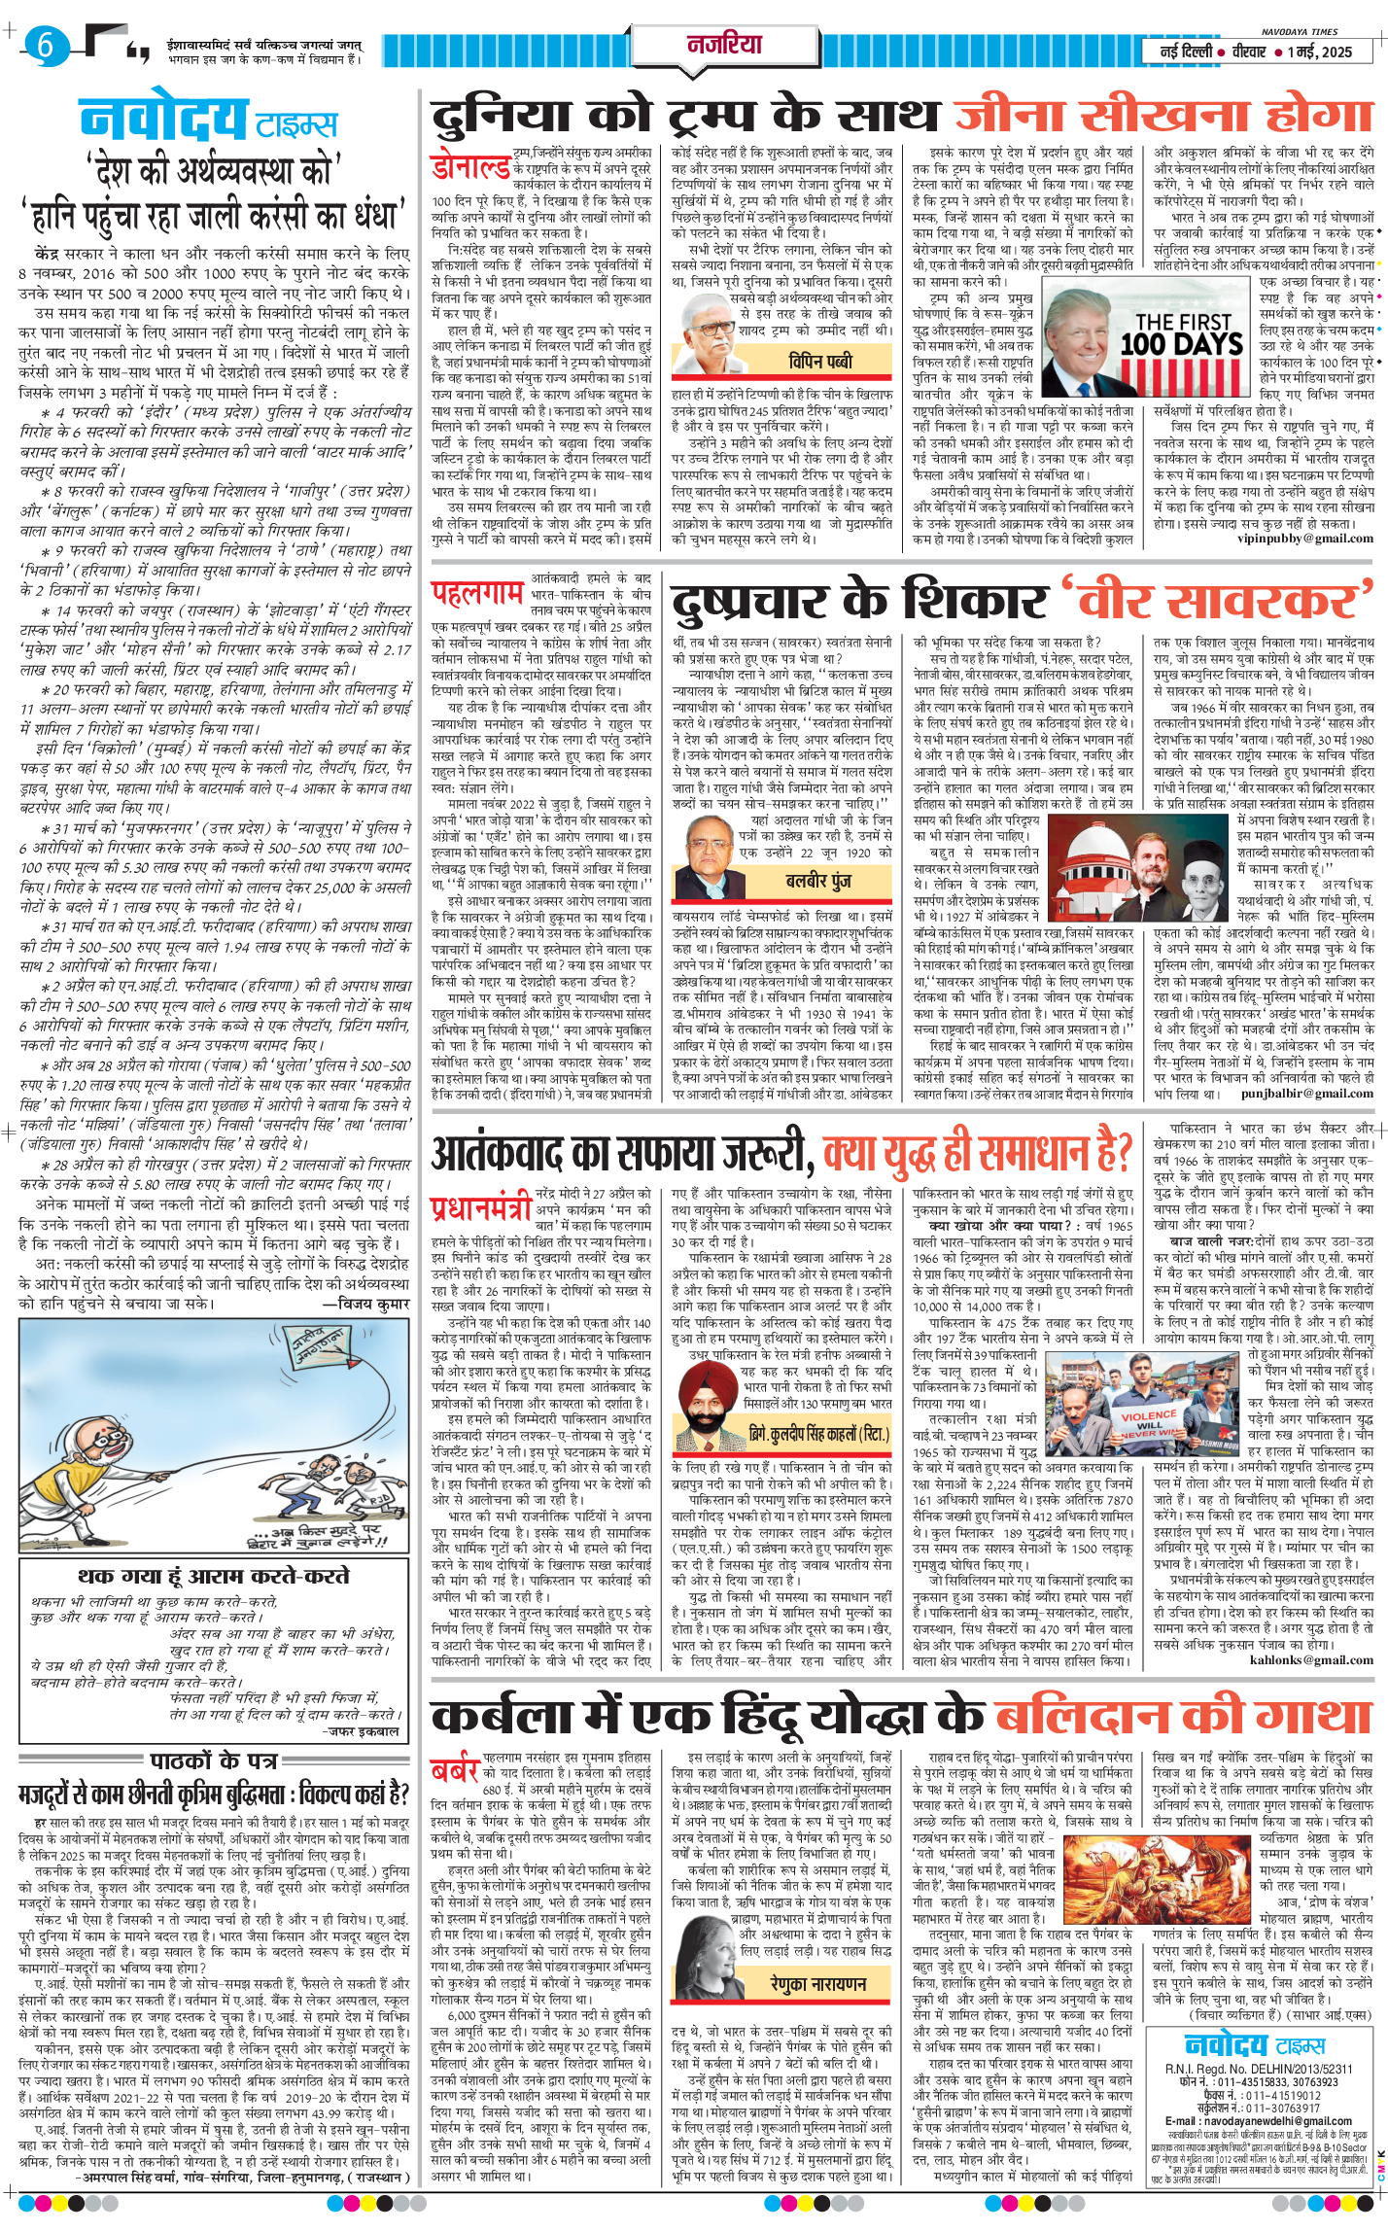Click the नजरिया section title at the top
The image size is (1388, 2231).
(724, 45)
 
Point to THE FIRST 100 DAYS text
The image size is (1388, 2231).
(1181, 333)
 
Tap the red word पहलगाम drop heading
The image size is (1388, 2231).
(477, 591)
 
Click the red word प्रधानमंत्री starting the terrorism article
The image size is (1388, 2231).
(481, 1207)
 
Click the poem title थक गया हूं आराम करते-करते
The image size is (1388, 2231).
(213, 1576)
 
